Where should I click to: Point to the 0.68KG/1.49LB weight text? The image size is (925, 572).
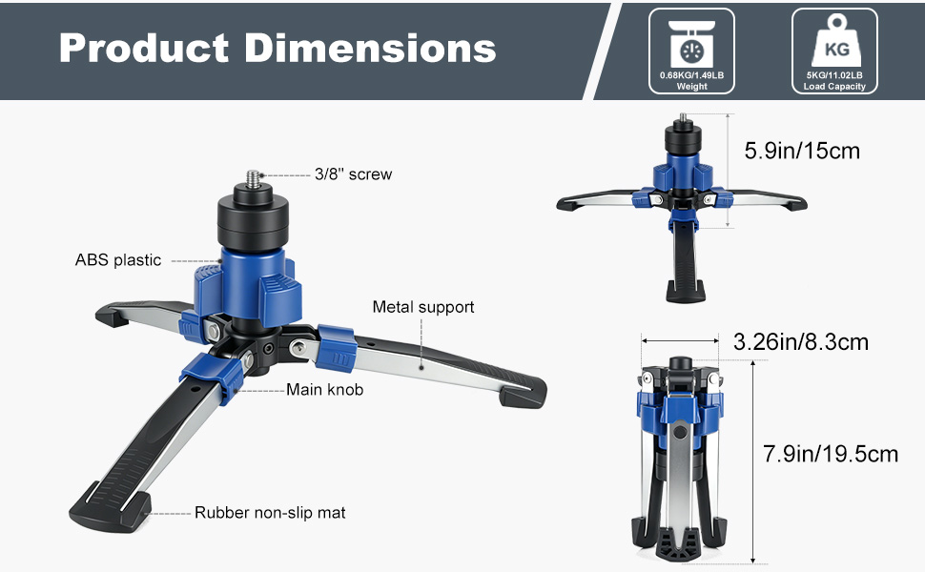691,75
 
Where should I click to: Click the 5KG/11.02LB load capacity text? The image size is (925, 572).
834,75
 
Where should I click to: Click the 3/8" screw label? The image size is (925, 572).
353,174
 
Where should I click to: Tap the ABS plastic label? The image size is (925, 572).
118,260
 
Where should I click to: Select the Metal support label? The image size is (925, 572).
423,307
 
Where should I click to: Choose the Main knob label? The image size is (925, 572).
324,389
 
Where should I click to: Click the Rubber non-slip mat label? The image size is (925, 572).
270,513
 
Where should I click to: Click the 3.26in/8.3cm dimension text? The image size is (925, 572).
801,340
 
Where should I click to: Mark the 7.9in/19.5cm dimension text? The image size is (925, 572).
831,454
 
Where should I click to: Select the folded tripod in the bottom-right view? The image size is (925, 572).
680,458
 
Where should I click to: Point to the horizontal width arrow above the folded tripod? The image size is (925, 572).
680,340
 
